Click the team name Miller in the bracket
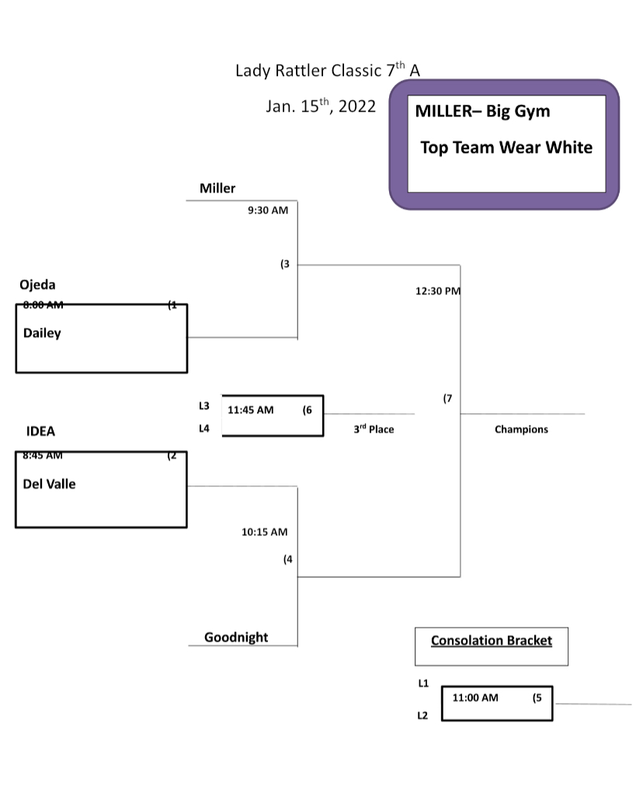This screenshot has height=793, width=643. (x=217, y=188)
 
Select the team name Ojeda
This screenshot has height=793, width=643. (x=37, y=285)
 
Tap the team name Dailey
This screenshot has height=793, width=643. (x=42, y=333)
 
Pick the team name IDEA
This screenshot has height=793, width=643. (x=40, y=432)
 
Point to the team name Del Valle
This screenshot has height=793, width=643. (x=50, y=484)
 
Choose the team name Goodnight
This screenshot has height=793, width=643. (x=236, y=638)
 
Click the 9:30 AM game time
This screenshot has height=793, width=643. (x=268, y=210)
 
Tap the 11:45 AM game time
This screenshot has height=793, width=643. (x=250, y=410)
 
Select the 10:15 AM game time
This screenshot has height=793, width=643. (x=264, y=532)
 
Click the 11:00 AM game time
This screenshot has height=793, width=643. (x=475, y=697)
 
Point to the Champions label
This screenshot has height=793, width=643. (x=521, y=430)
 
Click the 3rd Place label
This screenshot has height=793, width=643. (x=374, y=429)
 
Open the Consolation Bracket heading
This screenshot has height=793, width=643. (x=492, y=641)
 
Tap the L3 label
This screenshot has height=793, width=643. (x=204, y=405)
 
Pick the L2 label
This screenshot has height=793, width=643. (x=422, y=715)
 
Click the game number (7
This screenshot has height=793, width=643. (x=447, y=398)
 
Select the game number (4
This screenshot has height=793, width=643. (x=288, y=559)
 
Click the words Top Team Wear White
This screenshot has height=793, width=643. (x=506, y=148)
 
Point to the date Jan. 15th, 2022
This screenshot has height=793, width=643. (x=321, y=106)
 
